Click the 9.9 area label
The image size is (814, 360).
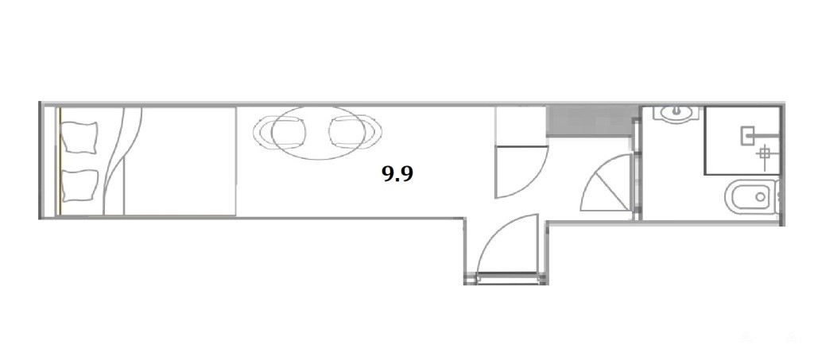tap(397, 174)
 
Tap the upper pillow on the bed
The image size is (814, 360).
tap(79, 137)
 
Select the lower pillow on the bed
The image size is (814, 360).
tap(79, 185)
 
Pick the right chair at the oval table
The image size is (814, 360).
tap(355, 132)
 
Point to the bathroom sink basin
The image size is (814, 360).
tap(676, 114)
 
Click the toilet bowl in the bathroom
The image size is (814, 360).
tap(750, 196)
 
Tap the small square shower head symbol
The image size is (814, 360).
tap(746, 136)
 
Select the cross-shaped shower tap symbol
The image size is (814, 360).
tap(764, 153)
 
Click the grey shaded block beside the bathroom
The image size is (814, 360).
tap(591, 120)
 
